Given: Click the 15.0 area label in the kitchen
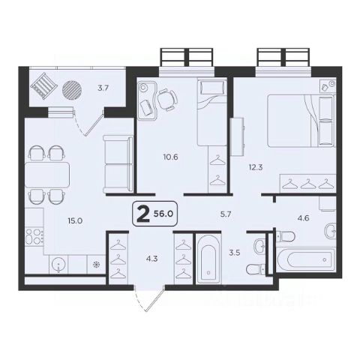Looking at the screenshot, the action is [x=75, y=221].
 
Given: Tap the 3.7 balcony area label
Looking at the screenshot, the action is [x=103, y=88].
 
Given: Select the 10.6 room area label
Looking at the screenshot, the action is [x=170, y=157].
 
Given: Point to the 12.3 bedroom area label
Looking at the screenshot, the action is [x=256, y=167].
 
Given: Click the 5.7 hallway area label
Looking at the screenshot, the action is [x=226, y=214].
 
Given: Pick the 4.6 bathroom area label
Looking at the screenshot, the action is [x=303, y=218].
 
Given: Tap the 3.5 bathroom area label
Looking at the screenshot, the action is [x=235, y=253].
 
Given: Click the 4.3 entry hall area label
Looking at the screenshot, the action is [x=152, y=259].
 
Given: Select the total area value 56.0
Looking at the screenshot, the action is [x=163, y=214].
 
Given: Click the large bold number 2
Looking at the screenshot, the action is [x=143, y=214].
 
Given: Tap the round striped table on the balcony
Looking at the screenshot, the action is [x=72, y=90].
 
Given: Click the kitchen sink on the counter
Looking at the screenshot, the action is [x=58, y=265].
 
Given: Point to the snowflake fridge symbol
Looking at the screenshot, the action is [x=96, y=265].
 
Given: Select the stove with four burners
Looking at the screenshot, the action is [x=34, y=236].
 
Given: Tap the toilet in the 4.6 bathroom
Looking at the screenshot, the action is [x=286, y=236].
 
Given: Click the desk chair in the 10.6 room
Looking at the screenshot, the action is [x=167, y=100].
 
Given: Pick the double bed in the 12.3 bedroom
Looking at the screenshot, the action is [x=301, y=121].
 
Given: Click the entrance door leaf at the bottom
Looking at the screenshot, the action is [x=155, y=299].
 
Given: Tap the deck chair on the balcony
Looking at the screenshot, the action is [x=43, y=86].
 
